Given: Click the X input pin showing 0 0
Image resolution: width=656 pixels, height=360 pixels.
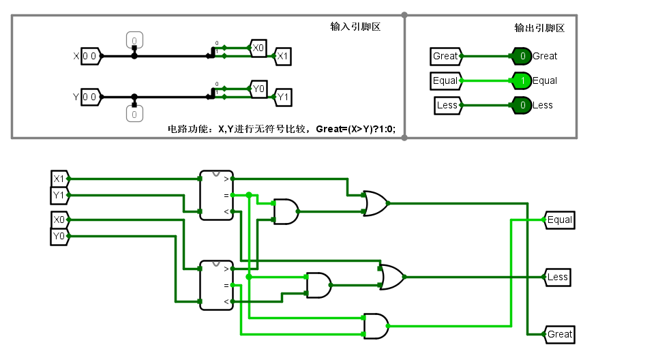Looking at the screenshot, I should pos(91,56).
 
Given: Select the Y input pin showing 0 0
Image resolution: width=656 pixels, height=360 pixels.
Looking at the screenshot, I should pos(91,97).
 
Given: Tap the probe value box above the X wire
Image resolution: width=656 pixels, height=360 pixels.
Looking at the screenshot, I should pos(134,40).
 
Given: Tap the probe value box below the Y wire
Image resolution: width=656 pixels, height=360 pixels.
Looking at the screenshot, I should pos(134,114).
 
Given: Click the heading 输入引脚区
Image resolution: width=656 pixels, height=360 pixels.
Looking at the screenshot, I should pos(355,27).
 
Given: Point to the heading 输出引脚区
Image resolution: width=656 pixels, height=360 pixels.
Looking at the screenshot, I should pos(539,28).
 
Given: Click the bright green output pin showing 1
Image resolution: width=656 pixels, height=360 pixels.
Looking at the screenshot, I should pos(522,80).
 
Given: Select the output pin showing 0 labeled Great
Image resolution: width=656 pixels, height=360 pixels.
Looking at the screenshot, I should pos(522,56).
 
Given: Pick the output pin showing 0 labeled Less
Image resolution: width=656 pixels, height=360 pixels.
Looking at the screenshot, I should pos(522,105).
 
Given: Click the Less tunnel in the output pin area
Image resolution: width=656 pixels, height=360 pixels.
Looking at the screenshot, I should pos(447,105).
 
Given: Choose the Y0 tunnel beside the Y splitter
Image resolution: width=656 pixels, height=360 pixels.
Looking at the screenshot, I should pos(258,89).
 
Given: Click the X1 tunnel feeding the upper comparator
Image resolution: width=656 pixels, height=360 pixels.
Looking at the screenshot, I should pos(59,179).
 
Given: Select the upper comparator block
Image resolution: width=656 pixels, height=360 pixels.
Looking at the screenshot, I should pos(216,195).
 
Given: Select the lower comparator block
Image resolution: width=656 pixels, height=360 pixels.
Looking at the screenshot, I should pos(216,285).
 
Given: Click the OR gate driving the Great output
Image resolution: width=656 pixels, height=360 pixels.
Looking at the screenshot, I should pos(375,203).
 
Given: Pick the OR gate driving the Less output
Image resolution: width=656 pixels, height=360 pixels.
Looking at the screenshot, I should pos(391,277).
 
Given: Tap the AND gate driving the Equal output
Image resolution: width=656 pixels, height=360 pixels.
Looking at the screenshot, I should pos(376,326).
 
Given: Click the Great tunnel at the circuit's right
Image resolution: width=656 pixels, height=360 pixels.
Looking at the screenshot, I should pos(559,334).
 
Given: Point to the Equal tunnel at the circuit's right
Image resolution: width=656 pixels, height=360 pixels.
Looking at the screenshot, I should pos(559,220).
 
